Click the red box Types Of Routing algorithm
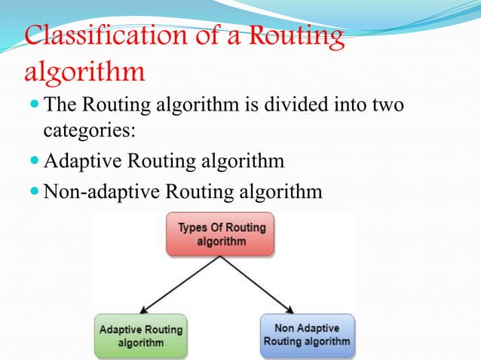221,234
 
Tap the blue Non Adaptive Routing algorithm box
307,334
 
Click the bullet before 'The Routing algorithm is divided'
34,102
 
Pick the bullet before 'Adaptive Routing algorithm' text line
34,161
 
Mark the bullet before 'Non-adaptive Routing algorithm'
34,191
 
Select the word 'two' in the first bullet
384,102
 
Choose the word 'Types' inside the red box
192,227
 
